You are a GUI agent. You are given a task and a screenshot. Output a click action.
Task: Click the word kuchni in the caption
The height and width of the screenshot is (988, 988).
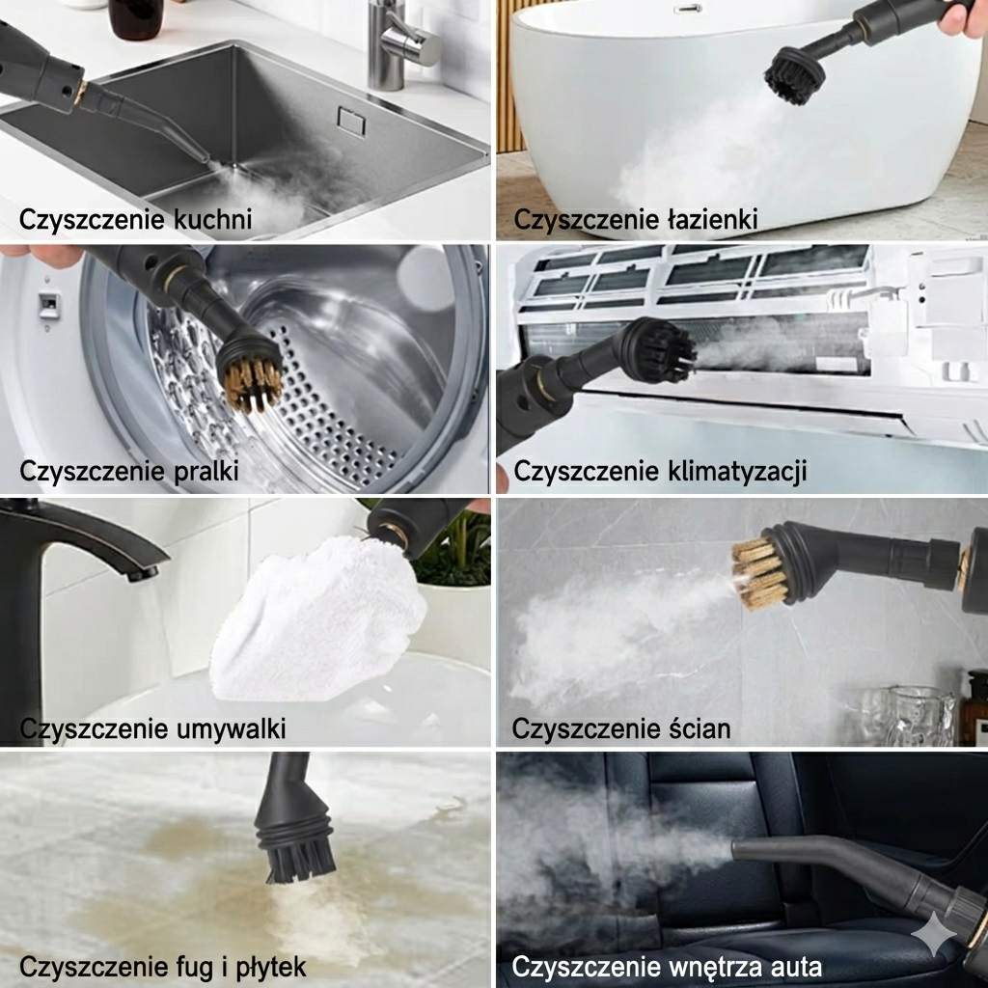click(212, 219)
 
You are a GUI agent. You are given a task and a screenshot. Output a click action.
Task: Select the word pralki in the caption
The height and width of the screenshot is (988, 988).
click(206, 471)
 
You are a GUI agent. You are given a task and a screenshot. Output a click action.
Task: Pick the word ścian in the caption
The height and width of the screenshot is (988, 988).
click(699, 728)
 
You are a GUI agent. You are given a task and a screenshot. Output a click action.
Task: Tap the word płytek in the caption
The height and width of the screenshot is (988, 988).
click(271, 967)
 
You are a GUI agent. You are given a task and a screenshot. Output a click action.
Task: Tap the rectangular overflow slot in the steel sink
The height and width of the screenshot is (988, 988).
click(351, 121)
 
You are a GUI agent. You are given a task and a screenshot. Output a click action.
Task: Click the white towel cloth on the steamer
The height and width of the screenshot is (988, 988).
click(318, 620)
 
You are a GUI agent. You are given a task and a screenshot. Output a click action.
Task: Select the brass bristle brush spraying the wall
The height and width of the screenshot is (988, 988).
click(760, 573)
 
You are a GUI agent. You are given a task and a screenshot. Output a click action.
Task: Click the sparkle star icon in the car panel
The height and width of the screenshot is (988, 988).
click(934, 934)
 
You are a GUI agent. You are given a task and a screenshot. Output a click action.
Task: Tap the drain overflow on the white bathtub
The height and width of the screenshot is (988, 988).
click(687, 9)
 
